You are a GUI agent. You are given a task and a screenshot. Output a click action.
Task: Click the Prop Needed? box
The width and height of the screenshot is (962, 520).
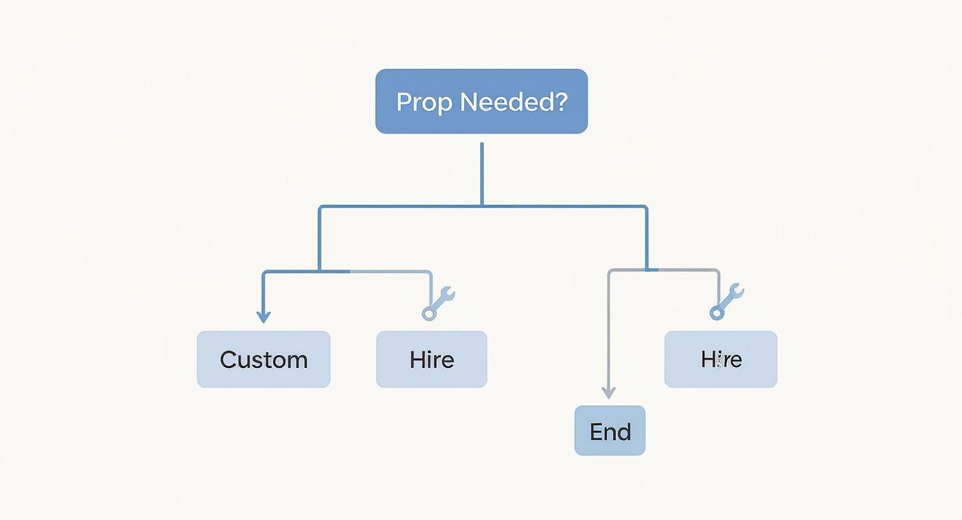(x=481, y=101)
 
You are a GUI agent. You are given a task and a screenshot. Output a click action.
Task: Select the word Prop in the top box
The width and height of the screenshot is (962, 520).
(x=424, y=103)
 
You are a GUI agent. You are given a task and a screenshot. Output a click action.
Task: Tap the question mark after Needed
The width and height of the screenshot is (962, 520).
(x=560, y=102)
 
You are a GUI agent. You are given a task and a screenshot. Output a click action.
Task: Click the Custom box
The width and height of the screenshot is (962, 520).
(x=263, y=359)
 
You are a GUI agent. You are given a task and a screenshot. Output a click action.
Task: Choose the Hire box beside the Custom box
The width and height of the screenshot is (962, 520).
(x=431, y=359)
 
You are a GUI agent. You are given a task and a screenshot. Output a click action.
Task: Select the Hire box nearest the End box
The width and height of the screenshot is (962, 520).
(x=721, y=359)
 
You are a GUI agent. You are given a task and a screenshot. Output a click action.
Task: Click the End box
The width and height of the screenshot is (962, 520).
(x=610, y=431)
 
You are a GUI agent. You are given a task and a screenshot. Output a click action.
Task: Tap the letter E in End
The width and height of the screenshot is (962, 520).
(x=596, y=431)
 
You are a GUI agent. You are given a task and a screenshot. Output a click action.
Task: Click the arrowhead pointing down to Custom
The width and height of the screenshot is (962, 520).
(x=263, y=317)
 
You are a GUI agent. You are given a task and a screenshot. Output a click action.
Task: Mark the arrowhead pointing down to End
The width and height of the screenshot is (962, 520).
(x=608, y=393)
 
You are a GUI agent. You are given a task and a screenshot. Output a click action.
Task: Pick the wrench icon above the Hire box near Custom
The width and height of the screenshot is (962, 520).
(x=438, y=303)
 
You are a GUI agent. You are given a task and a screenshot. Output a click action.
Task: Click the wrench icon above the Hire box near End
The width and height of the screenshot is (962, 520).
(x=726, y=301)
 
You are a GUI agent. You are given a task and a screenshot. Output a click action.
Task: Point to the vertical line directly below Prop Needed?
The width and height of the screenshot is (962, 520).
(x=482, y=173)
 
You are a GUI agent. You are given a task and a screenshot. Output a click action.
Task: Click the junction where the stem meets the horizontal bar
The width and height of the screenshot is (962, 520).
(x=482, y=205)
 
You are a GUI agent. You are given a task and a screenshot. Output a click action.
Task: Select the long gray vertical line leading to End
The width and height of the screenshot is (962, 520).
(x=608, y=332)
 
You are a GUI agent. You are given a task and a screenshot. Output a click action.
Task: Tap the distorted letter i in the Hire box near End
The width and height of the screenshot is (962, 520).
(x=719, y=360)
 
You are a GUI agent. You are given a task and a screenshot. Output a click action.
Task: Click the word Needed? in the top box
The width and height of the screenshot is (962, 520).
(x=513, y=102)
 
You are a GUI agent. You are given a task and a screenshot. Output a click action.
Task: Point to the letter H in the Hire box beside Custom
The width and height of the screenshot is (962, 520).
(x=417, y=360)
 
